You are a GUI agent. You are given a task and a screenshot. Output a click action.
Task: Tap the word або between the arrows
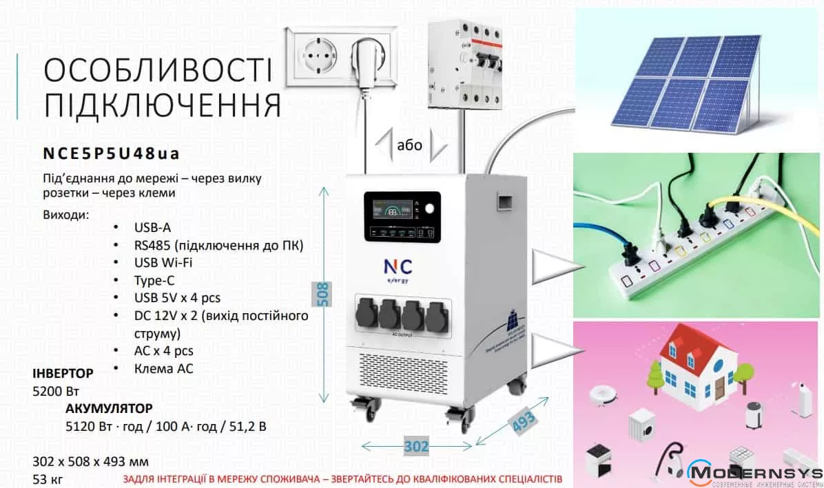coord(410,145)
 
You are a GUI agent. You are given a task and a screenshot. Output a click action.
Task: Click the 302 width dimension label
coord(415,447)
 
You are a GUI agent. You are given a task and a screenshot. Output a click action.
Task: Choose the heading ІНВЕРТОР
coord(63,374)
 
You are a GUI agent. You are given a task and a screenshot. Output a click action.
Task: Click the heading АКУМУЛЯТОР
coord(109,409)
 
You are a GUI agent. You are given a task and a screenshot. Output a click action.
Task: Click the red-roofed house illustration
coord(697,365)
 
